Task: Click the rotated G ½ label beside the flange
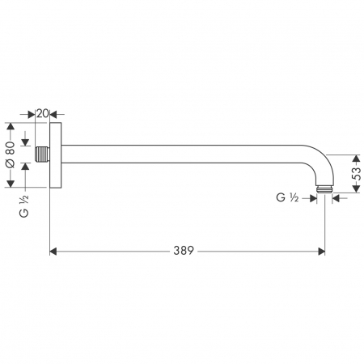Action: (24, 207)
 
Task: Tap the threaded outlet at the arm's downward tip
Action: (325, 190)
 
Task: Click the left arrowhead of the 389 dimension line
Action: (55, 252)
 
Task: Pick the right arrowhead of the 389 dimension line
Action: (320, 252)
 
